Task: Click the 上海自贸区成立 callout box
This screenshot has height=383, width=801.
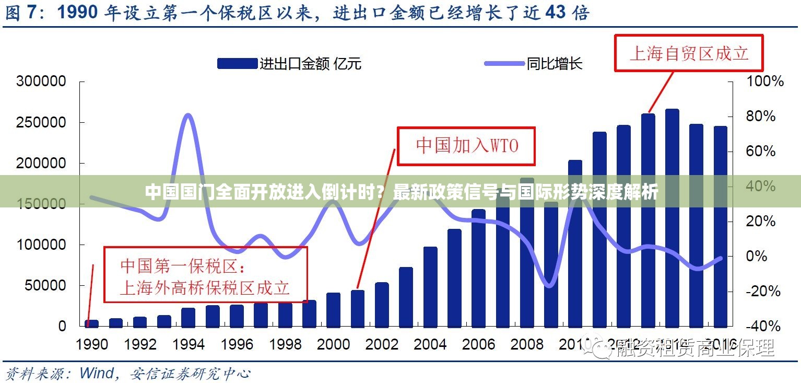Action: point(689,53)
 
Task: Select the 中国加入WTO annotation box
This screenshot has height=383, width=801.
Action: point(466,146)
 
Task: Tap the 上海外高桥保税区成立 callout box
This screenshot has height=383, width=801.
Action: point(205,274)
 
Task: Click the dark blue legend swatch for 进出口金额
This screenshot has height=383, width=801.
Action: point(237,63)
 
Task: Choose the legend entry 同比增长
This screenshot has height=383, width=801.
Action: point(554,64)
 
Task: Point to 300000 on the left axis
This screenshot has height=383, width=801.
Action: point(41,82)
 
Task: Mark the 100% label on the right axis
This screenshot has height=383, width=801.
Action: point(765,82)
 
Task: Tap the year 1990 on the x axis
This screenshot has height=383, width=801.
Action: point(92,344)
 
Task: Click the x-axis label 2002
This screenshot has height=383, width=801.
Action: point(382,344)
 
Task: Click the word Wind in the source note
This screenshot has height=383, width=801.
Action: point(96,374)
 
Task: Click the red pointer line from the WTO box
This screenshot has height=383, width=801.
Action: point(376,219)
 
